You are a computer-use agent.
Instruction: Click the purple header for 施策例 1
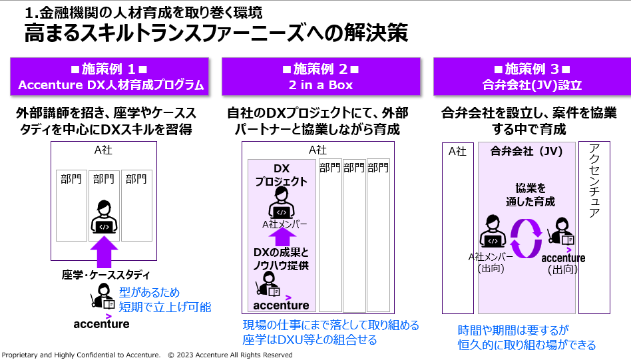click(110, 77)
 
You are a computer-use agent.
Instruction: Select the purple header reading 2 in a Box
click(321, 77)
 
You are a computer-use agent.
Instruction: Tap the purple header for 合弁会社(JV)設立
click(532, 77)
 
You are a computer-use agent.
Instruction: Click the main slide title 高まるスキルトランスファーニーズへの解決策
click(216, 33)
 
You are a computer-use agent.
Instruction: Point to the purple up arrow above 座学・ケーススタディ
click(103, 254)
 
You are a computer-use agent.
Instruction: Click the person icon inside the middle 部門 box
click(103, 216)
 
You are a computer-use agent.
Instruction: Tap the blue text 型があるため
click(150, 293)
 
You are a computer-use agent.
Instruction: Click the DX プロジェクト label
click(281, 175)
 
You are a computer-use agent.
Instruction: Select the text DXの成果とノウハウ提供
click(281, 259)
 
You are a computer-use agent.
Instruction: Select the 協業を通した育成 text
click(530, 194)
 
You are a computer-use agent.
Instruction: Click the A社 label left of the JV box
click(457, 151)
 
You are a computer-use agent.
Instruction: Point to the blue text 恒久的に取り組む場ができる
click(526, 345)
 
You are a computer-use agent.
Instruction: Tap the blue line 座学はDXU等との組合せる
click(310, 340)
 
